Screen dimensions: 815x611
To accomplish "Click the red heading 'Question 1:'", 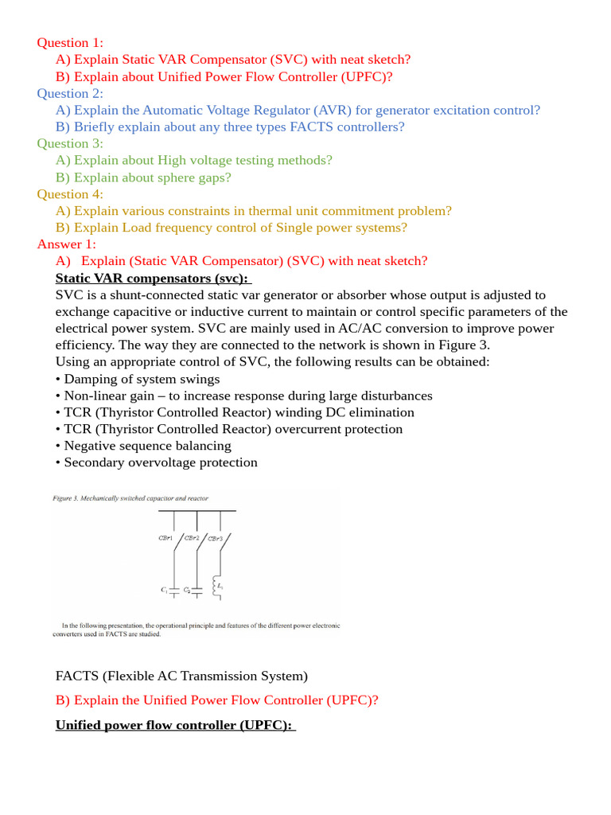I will pyautogui.click(x=70, y=43).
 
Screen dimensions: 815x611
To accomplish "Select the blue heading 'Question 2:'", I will pyautogui.click(x=70, y=93).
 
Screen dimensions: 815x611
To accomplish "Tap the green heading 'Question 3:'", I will pyautogui.click(x=70, y=143).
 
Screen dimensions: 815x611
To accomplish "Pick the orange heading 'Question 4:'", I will pyautogui.click(x=70, y=194).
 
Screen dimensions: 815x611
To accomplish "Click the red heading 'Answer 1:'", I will pyautogui.click(x=67, y=244).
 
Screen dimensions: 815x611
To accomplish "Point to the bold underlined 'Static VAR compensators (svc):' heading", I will pyautogui.click(x=153, y=278).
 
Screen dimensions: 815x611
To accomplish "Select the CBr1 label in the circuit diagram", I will pyautogui.click(x=166, y=538).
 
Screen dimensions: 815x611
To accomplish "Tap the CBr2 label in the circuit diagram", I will pyautogui.click(x=192, y=538).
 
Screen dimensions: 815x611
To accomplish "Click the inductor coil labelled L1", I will pyautogui.click(x=214, y=587).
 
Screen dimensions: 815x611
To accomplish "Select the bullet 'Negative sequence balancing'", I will pyautogui.click(x=147, y=446).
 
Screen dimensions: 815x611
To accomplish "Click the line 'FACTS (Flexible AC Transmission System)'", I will pyautogui.click(x=181, y=676).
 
